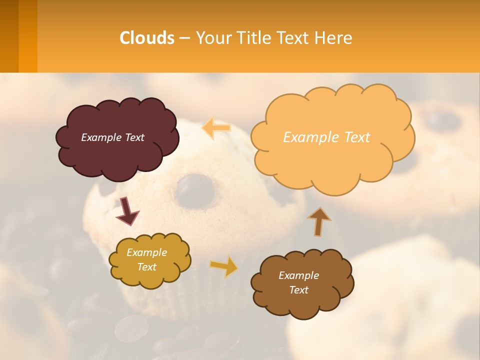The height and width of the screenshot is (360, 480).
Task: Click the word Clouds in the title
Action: click(147, 38)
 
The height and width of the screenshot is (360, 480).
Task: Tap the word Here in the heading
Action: click(335, 38)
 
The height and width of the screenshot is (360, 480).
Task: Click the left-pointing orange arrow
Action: click(216, 128)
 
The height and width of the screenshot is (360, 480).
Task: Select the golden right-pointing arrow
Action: click(224, 266)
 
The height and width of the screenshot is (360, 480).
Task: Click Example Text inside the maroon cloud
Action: click(112, 137)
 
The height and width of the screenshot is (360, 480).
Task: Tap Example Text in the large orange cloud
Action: click(326, 137)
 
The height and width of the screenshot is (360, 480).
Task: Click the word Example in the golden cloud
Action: click(146, 252)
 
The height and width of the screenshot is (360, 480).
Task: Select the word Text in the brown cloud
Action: click(298, 290)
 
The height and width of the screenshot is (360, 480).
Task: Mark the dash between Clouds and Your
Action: click(184, 38)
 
